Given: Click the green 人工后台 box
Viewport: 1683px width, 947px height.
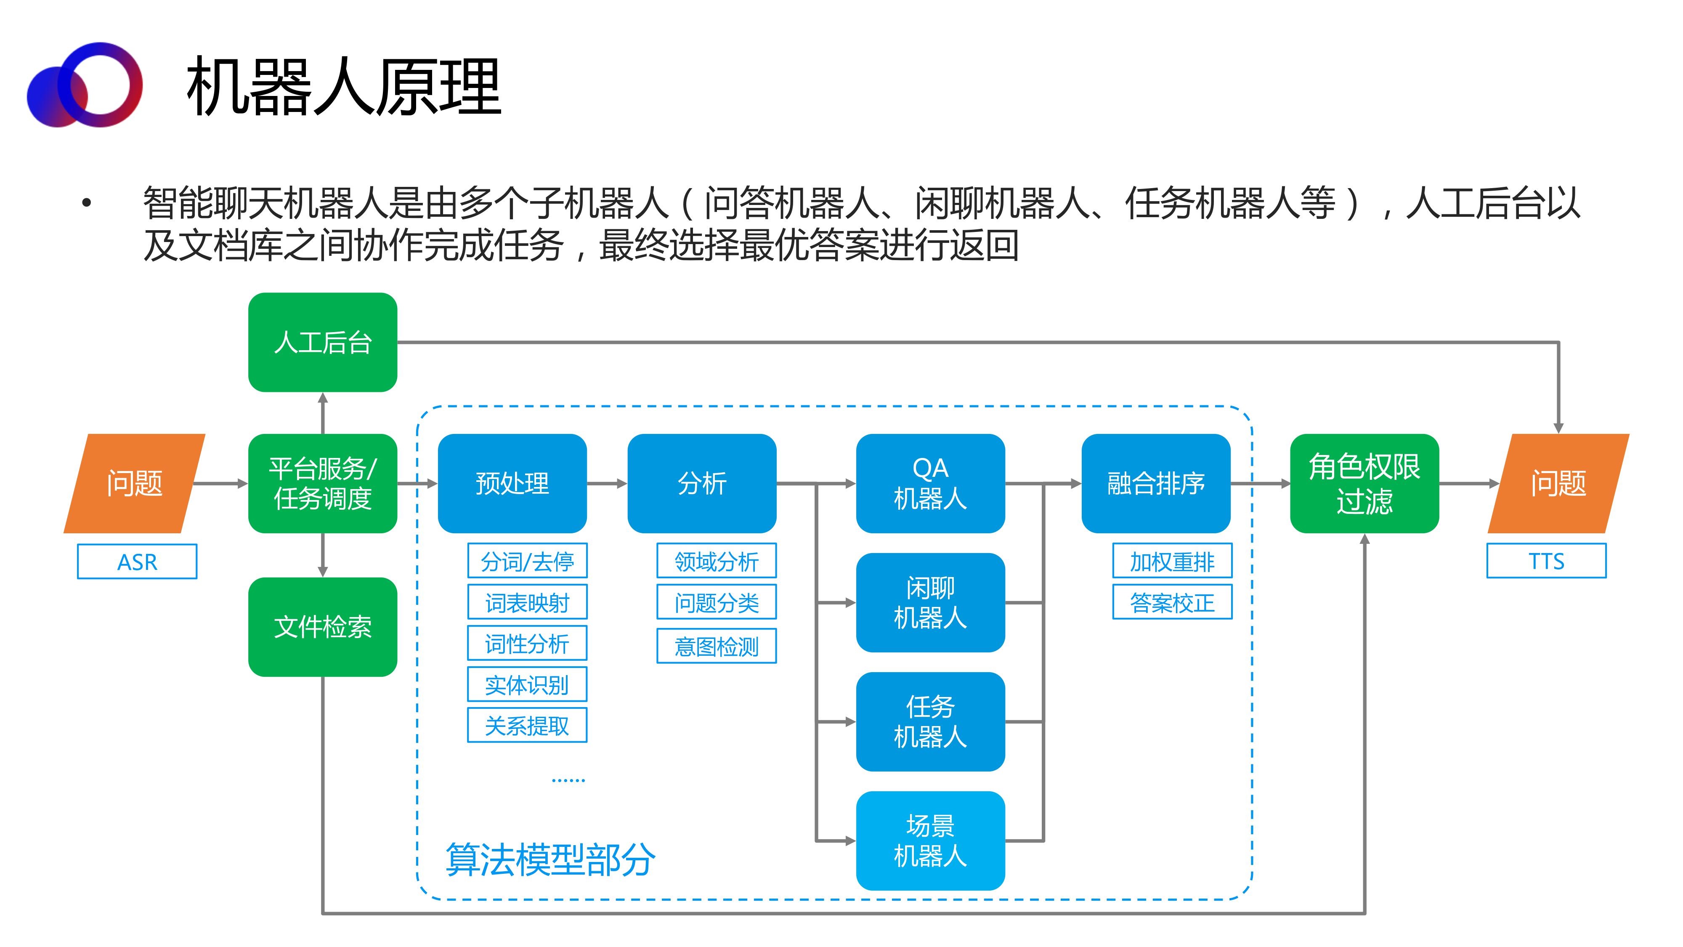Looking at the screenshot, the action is [323, 343].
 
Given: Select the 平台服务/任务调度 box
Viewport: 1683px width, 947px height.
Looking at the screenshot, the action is [323, 484].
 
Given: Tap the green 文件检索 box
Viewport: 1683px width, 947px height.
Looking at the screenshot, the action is [323, 627].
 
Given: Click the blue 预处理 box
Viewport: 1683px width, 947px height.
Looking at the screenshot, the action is [512, 484].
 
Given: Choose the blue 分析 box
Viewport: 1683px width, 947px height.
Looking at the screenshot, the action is [702, 484].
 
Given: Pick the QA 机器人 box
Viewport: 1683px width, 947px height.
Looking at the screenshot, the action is [930, 484].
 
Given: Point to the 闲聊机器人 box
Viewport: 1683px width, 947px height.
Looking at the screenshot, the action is [930, 603].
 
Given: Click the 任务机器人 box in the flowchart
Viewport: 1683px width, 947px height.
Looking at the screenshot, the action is [930, 721].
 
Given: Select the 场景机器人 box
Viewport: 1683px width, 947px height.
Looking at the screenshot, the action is [930, 841].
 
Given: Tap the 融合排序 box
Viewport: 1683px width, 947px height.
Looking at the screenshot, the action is [1156, 484].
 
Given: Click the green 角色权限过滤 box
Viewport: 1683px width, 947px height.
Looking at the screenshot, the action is [1364, 484].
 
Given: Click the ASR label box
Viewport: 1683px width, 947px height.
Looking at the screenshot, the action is [137, 561].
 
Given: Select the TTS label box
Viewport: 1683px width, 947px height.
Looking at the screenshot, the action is [1546, 561].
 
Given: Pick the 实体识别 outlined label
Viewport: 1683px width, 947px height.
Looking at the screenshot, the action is [527, 684].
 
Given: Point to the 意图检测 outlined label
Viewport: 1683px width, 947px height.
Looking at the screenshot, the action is [717, 646].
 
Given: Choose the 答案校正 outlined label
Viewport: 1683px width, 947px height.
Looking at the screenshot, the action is [1173, 602].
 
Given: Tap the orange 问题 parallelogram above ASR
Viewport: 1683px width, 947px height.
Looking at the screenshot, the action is [135, 484].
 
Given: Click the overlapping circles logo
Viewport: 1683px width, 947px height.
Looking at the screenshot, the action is [85, 85].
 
